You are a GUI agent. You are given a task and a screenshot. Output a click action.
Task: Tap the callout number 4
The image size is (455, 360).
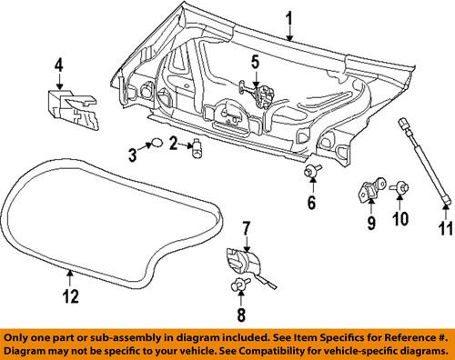tap(58, 65)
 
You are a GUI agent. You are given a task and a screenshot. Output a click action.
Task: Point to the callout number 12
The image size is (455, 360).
tap(70, 295)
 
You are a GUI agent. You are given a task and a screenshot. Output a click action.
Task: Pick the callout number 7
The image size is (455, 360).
tap(244, 226)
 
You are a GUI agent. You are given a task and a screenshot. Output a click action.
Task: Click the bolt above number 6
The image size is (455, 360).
tap(310, 171)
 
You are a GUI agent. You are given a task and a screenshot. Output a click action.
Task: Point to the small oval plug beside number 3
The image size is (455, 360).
tap(156, 142)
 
